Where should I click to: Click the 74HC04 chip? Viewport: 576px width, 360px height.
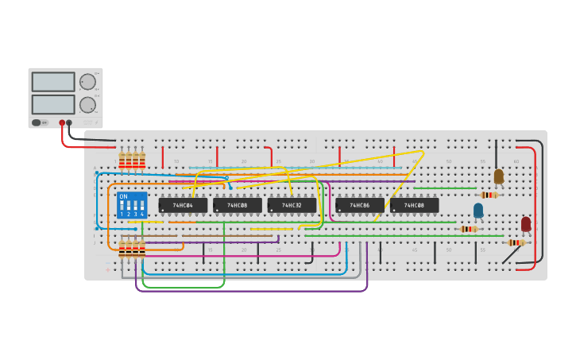pyautogui.click(x=183, y=205)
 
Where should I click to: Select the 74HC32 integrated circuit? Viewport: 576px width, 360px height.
pyautogui.click(x=292, y=205)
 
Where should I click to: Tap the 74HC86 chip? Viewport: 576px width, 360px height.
pyautogui.click(x=359, y=205)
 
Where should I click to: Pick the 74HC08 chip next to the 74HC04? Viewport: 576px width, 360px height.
pyautogui.click(x=238, y=205)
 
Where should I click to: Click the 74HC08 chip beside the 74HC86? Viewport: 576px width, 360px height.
pyautogui.click(x=414, y=205)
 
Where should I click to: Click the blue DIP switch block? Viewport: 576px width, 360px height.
pyautogui.click(x=132, y=205)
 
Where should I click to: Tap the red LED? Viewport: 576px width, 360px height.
pyautogui.click(x=526, y=224)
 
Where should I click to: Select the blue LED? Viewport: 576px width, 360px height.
pyautogui.click(x=478, y=210)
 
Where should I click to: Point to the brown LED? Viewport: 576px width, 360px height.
pyautogui.click(x=499, y=176)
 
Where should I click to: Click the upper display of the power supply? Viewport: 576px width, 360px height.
pyautogui.click(x=53, y=82)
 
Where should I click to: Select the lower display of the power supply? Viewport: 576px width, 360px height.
pyautogui.click(x=53, y=104)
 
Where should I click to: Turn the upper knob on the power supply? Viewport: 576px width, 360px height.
pyautogui.click(x=87, y=81)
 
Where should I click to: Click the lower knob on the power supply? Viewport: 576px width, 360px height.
pyautogui.click(x=87, y=104)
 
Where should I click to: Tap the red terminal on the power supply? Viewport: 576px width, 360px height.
pyautogui.click(x=62, y=122)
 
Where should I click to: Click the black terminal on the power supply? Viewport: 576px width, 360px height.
pyautogui.click(x=69, y=122)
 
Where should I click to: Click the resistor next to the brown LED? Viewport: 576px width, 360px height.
pyautogui.click(x=489, y=195)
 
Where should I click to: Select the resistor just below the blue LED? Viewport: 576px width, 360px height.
pyautogui.click(x=470, y=229)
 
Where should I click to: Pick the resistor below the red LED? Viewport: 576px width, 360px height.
pyautogui.click(x=516, y=242)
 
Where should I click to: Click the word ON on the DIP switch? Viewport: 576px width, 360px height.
pyautogui.click(x=123, y=196)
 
